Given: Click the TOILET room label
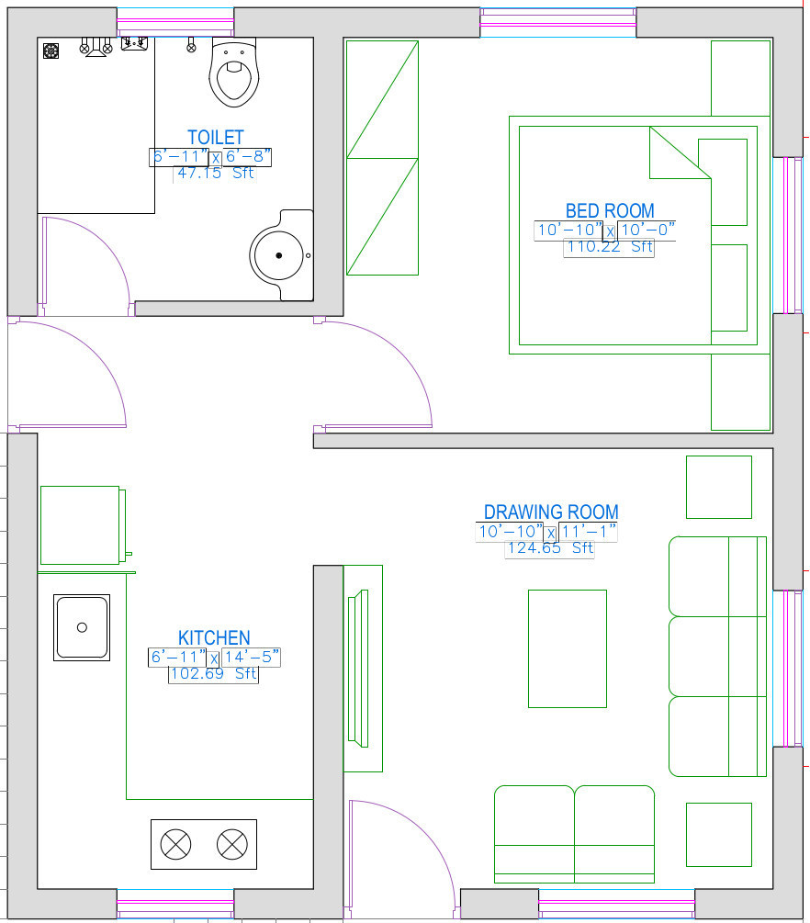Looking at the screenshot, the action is (216, 137).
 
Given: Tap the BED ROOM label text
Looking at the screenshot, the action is (610, 210).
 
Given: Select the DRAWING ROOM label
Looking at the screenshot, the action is (551, 512).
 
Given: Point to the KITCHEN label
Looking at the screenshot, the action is (214, 637).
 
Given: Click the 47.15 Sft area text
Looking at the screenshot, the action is (216, 173).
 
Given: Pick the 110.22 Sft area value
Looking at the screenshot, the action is (610, 247).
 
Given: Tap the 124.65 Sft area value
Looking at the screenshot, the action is (550, 548).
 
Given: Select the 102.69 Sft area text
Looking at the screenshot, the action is (214, 673).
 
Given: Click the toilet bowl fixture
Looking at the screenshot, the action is (233, 73).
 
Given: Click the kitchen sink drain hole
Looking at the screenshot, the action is (82, 627).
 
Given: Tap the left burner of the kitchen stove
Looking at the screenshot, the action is (175, 844).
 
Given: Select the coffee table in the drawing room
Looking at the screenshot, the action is (568, 648).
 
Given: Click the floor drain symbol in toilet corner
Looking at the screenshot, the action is (51, 51).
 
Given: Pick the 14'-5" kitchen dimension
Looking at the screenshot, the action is (252, 657).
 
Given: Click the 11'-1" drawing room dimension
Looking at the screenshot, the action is (588, 532).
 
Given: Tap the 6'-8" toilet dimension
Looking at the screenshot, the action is (248, 156).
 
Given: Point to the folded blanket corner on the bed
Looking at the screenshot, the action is (680, 153).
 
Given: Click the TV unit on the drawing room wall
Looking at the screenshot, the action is (363, 669).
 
